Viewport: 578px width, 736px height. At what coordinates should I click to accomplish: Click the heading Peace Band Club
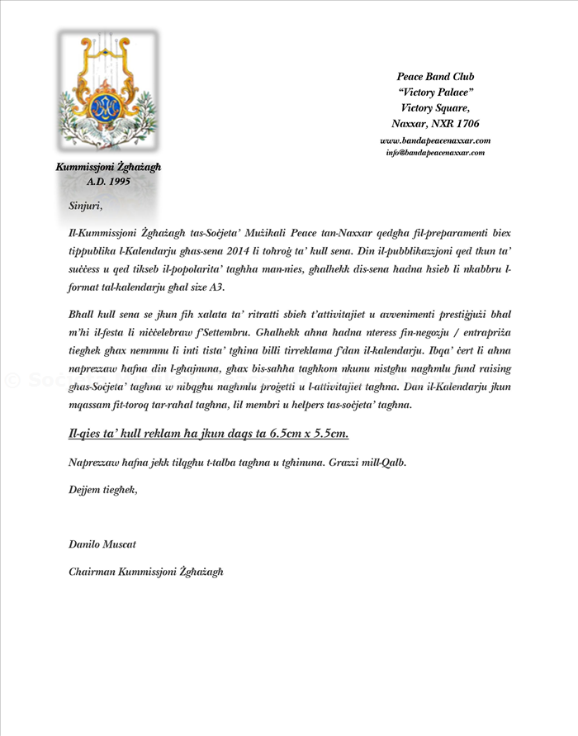pyautogui.click(x=435, y=77)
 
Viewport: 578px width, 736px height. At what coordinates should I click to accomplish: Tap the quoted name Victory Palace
pyautogui.click(x=435, y=93)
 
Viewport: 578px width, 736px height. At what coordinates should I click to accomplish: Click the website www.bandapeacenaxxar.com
pyautogui.click(x=435, y=140)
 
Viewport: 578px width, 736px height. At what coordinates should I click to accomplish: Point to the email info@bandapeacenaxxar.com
pyautogui.click(x=435, y=153)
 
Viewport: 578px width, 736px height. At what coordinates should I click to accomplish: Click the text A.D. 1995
pyautogui.click(x=109, y=180)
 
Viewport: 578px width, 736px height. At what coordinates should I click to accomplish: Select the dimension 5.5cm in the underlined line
pyautogui.click(x=329, y=434)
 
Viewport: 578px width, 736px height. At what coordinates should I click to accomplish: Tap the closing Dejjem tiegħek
pyautogui.click(x=102, y=490)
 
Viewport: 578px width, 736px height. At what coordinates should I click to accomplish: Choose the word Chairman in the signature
pyautogui.click(x=92, y=571)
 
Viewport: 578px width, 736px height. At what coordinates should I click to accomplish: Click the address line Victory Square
pyautogui.click(x=435, y=107)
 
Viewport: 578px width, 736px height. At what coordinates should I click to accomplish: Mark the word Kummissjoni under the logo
pyautogui.click(x=83, y=166)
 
